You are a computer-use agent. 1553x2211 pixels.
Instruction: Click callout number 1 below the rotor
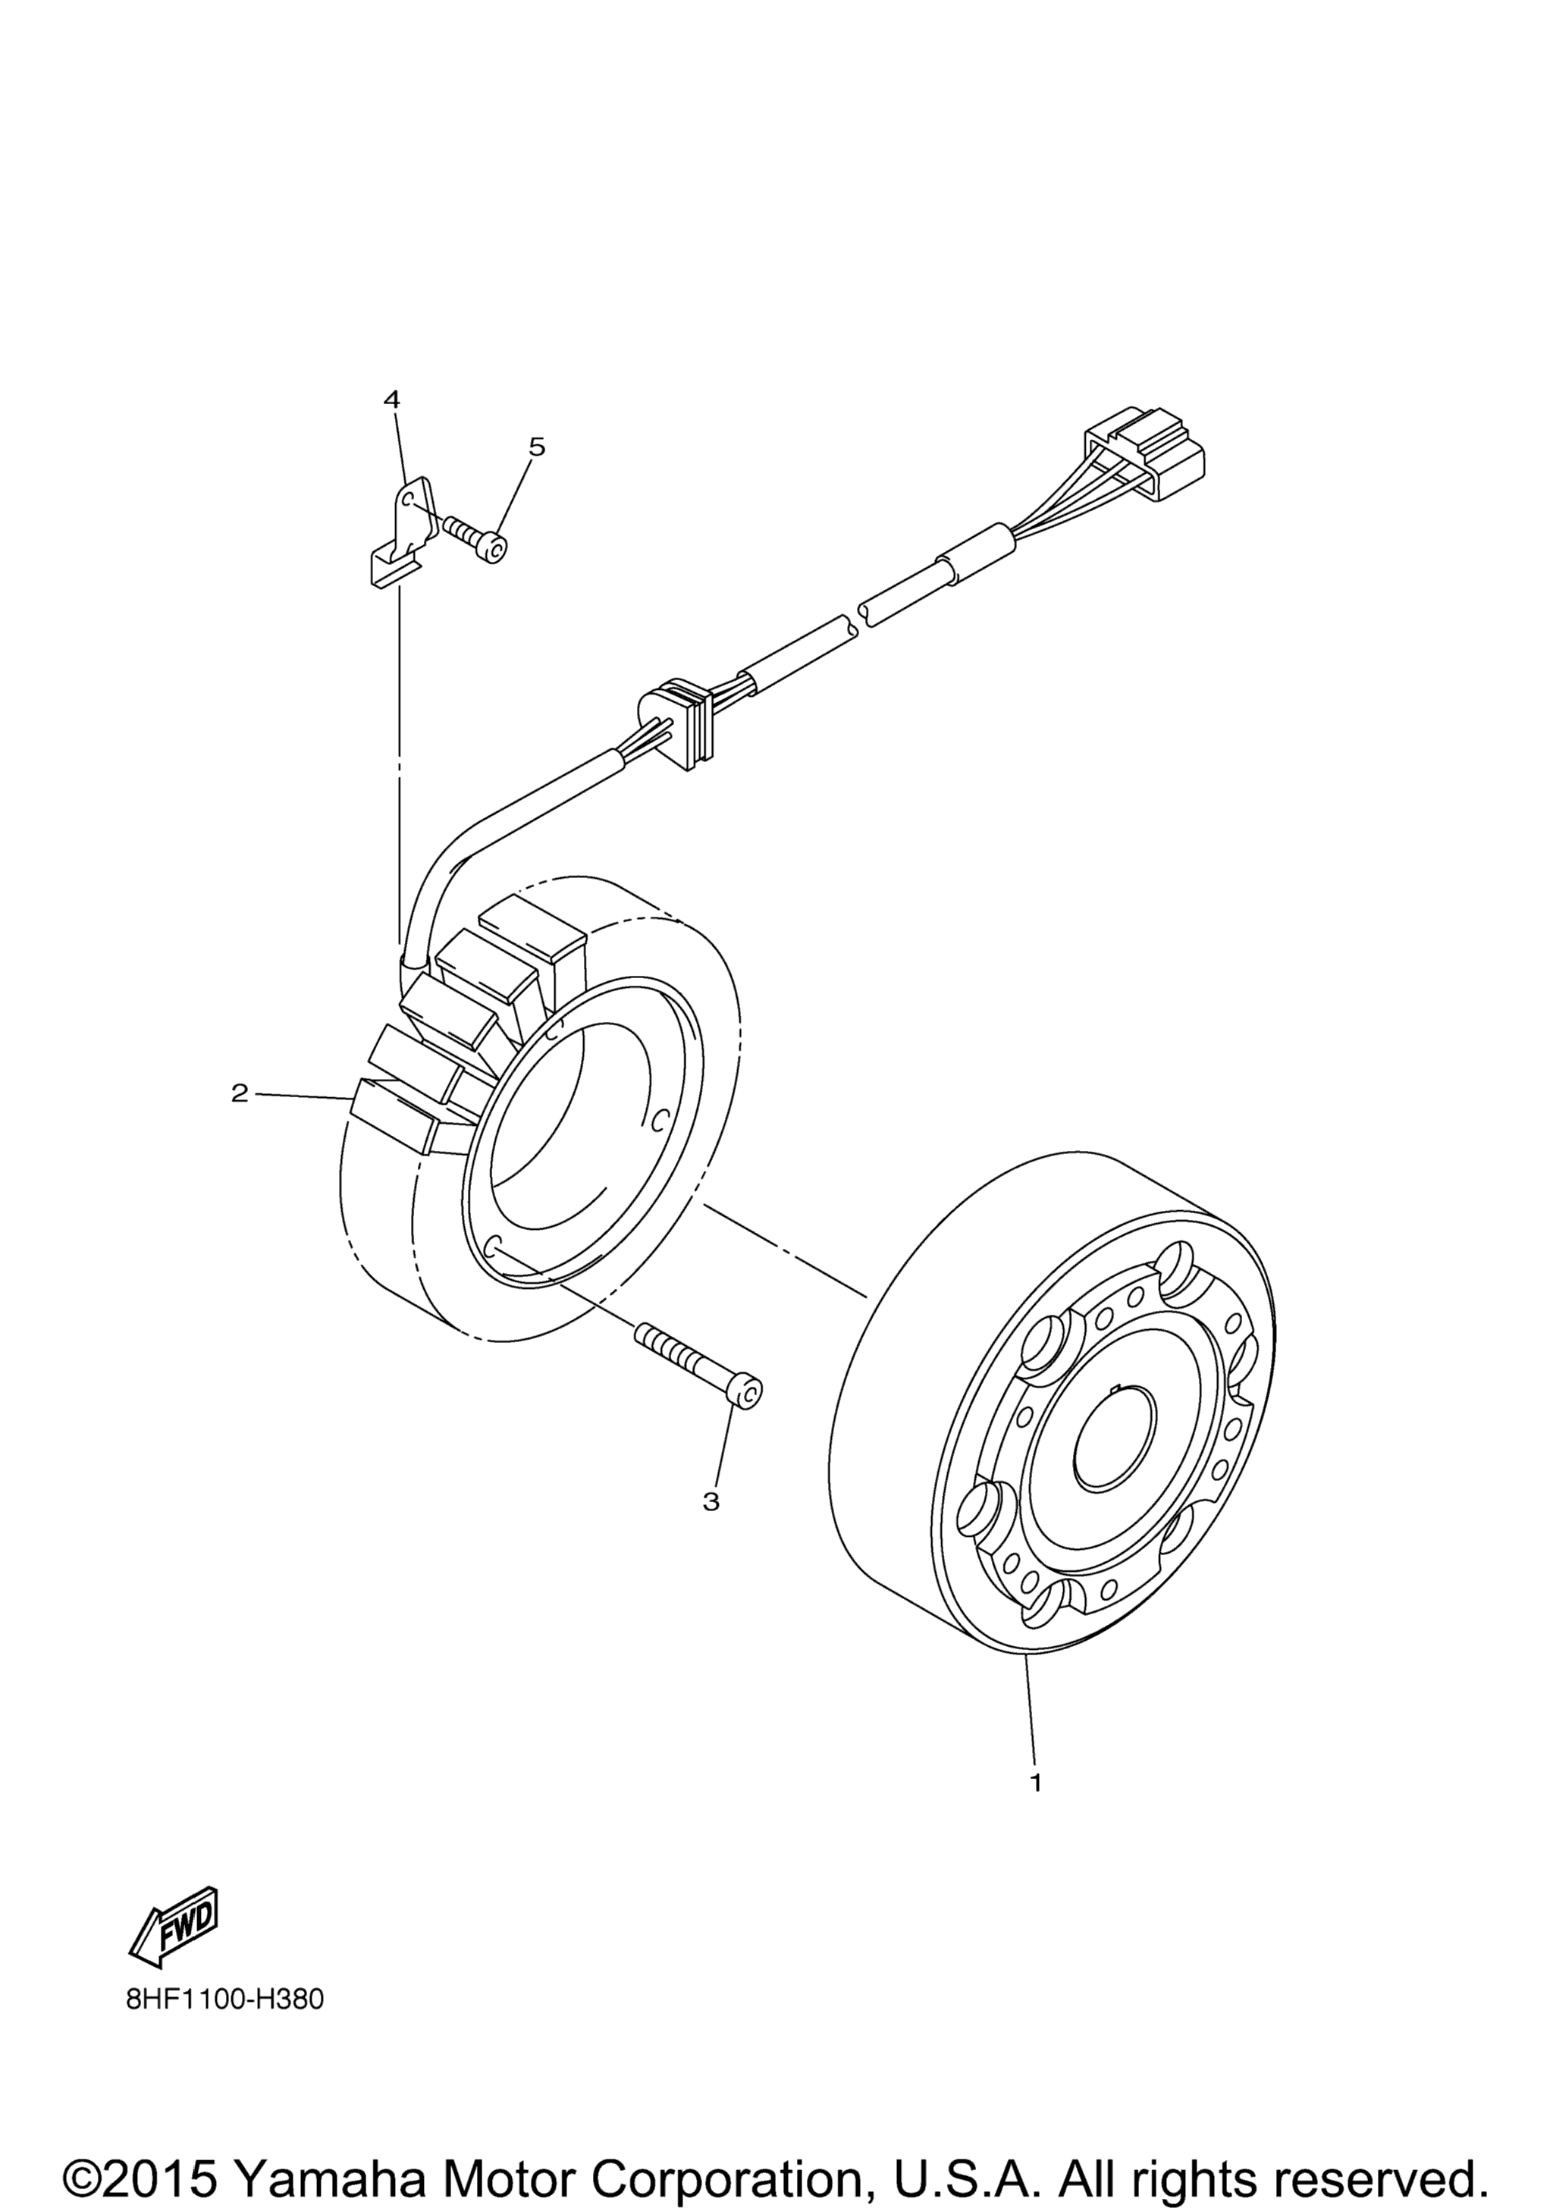[x=1036, y=1783]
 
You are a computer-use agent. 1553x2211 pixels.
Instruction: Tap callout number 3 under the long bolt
[x=711, y=1501]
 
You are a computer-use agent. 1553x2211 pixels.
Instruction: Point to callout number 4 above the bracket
[x=392, y=399]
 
